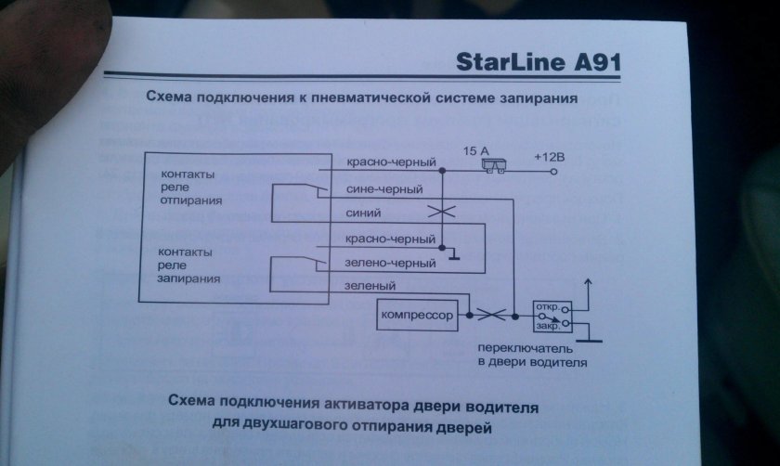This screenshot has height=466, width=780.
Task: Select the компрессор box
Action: click(418, 317)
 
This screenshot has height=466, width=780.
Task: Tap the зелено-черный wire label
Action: click(390, 264)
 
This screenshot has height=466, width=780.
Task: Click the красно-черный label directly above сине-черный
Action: click(390, 163)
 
